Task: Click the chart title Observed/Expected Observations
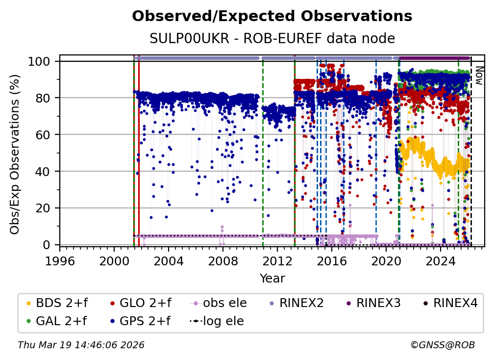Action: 272,16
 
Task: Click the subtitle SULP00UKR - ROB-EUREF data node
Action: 272,38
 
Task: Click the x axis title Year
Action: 272,279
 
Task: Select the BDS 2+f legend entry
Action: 53,303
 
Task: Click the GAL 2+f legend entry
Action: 54,321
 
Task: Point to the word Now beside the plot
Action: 479,76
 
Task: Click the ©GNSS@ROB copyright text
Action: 442,345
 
